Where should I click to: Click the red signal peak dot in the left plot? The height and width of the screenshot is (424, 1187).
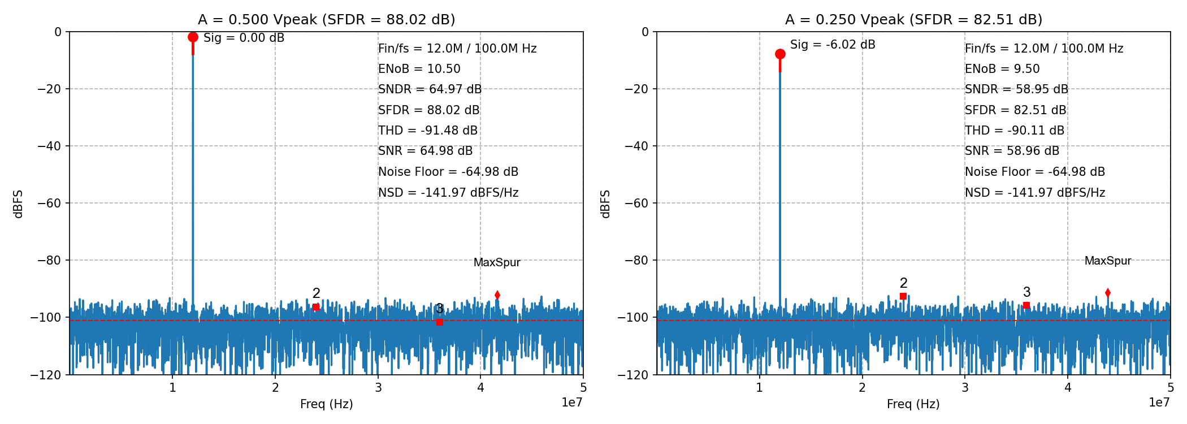193,37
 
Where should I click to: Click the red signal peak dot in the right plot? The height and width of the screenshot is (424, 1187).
780,54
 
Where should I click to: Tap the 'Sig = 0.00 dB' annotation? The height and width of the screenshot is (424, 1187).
244,38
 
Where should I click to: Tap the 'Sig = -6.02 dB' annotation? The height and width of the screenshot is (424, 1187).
832,45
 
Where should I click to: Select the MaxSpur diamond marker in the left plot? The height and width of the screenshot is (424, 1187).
497,295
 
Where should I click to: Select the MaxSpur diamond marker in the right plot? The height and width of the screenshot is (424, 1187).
1108,293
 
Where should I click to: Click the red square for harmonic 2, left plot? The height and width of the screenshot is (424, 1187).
316,307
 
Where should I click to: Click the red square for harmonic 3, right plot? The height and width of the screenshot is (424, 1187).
1026,305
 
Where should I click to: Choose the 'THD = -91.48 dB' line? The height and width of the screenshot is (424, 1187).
428,131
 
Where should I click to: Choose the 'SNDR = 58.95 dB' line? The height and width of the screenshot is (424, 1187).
1016,89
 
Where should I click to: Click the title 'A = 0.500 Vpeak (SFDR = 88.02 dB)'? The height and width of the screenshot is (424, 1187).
326,20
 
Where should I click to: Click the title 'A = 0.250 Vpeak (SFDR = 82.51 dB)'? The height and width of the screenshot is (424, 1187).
913,20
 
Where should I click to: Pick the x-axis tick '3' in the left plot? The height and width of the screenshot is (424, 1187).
378,388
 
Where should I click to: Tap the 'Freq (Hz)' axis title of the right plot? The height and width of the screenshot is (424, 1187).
913,404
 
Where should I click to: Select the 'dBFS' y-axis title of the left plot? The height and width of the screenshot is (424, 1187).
18,204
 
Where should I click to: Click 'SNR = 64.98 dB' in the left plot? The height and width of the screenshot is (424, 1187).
425,151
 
